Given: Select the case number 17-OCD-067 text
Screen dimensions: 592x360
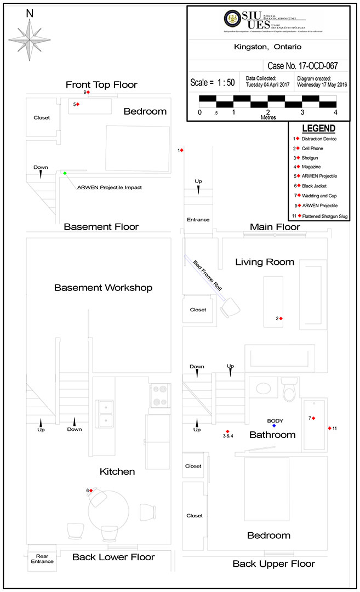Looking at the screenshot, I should [302, 66].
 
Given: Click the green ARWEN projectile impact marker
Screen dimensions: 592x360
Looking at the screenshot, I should [65, 173].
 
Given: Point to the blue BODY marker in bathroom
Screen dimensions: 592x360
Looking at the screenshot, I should [274, 426].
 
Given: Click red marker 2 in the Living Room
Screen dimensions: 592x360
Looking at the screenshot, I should [282, 318].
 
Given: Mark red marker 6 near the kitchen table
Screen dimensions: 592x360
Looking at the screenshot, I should [91, 491].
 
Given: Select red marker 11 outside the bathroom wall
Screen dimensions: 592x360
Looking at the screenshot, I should [329, 428].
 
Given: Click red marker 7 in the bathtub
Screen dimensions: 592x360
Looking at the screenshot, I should [314, 418].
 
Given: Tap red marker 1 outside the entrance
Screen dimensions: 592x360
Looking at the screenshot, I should [182, 150].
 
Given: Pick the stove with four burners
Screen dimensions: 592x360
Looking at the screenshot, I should [159, 396].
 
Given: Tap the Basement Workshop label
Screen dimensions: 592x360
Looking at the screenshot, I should [103, 287].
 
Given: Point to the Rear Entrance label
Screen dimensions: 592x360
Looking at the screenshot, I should [42, 559].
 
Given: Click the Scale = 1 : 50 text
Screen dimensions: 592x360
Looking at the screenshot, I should [213, 83].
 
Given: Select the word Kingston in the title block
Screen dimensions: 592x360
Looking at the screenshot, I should [249, 47].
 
